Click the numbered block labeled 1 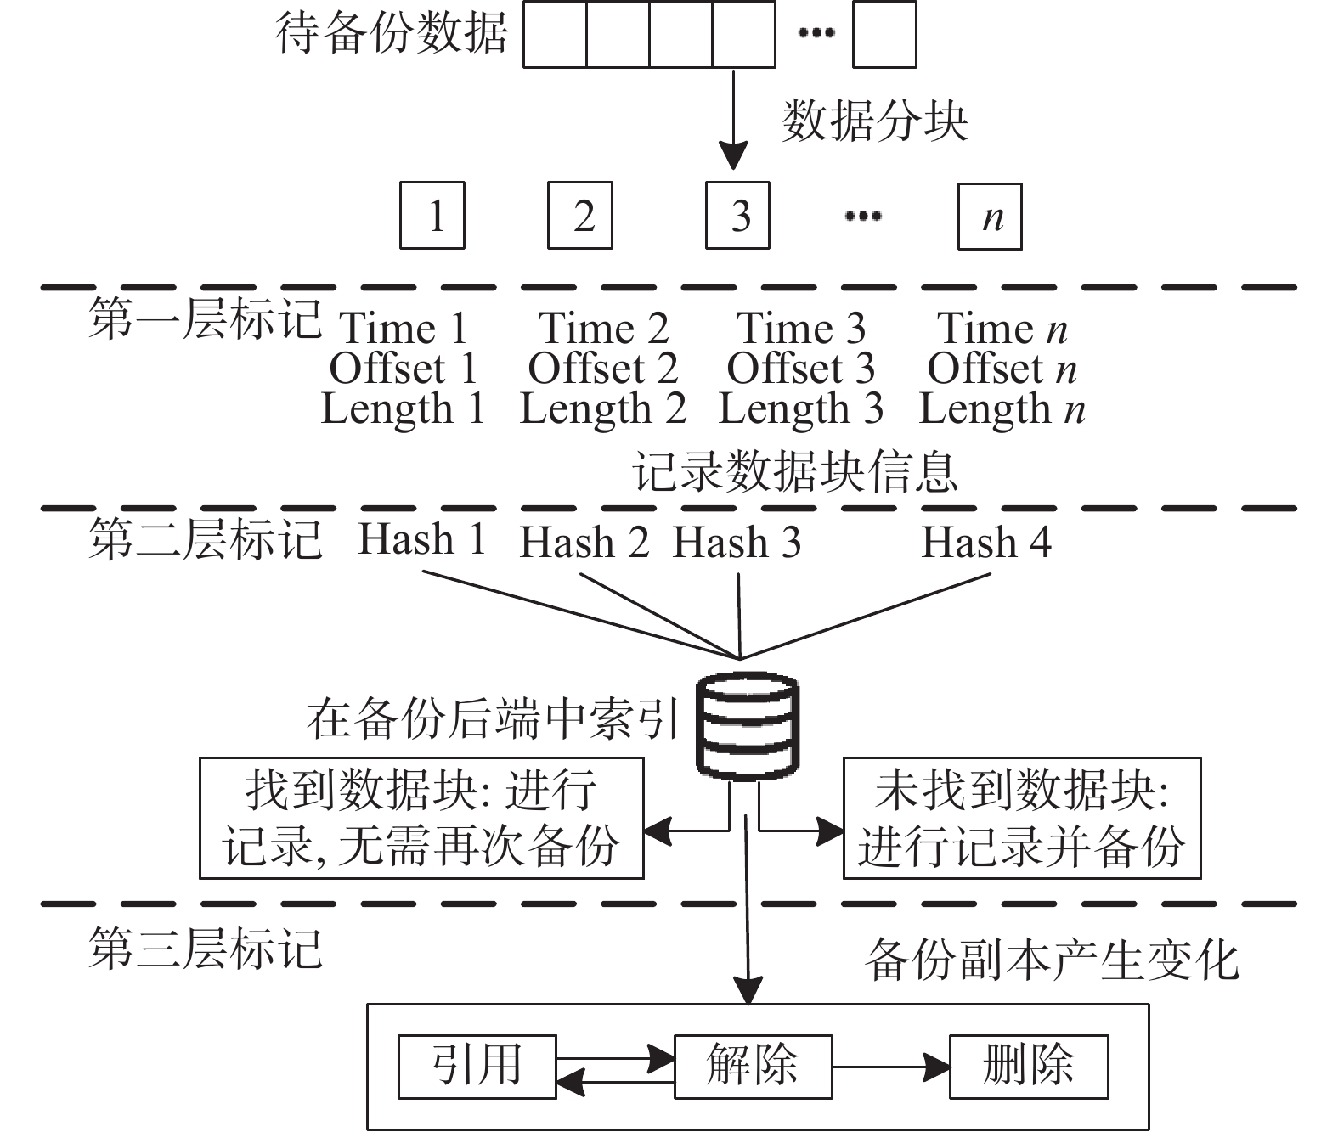[x=432, y=216]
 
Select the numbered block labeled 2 [x=580, y=216]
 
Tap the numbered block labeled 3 [x=738, y=216]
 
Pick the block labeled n [x=991, y=217]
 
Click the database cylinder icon [x=748, y=726]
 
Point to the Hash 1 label [x=422, y=539]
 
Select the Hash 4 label [x=986, y=542]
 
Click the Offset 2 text [x=603, y=369]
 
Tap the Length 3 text [x=801, y=408]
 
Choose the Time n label [x=1002, y=328]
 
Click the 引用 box [x=477, y=1067]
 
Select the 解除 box [x=754, y=1067]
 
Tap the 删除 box [x=1030, y=1067]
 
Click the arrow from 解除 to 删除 [x=891, y=1067]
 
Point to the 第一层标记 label [x=206, y=318]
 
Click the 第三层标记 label [x=206, y=948]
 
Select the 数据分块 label [x=875, y=121]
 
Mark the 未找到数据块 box [x=1022, y=818]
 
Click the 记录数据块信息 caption [x=795, y=472]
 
